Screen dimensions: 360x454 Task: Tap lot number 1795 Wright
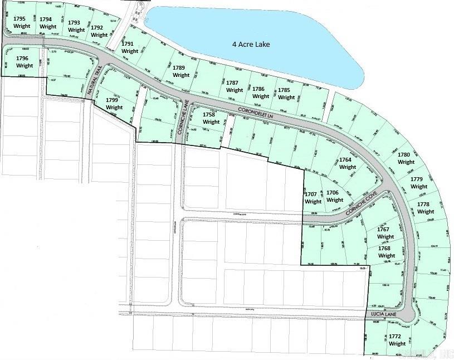pos(21,22)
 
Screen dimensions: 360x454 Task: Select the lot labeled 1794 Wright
pos(48,22)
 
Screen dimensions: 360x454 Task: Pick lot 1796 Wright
pos(25,61)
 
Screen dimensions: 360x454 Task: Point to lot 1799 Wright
pos(114,104)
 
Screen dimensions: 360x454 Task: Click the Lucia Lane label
pos(383,315)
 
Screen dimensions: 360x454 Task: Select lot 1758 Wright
pos(211,118)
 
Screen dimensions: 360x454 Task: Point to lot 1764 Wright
pos(348,163)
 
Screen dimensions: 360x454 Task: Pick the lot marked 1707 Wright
pos(313,198)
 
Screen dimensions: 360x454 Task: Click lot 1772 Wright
pos(394,340)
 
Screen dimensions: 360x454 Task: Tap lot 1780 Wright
pos(406,158)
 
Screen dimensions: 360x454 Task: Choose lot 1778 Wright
pos(426,208)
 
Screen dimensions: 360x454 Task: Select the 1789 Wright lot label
pos(180,71)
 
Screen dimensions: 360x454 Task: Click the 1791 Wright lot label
pos(129,47)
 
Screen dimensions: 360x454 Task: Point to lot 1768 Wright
pos(387,252)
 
